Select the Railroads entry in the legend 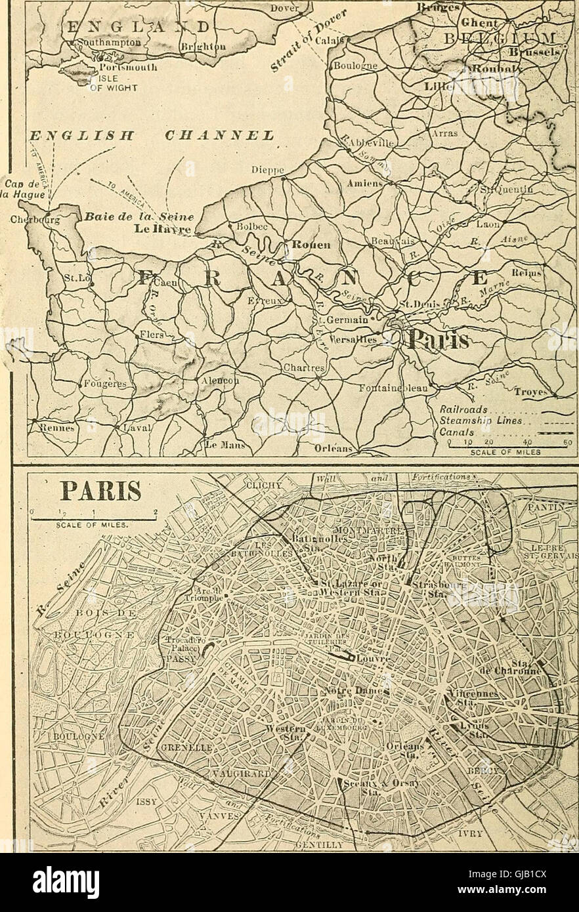[x=463, y=408]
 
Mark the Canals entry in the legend [x=452, y=432]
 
